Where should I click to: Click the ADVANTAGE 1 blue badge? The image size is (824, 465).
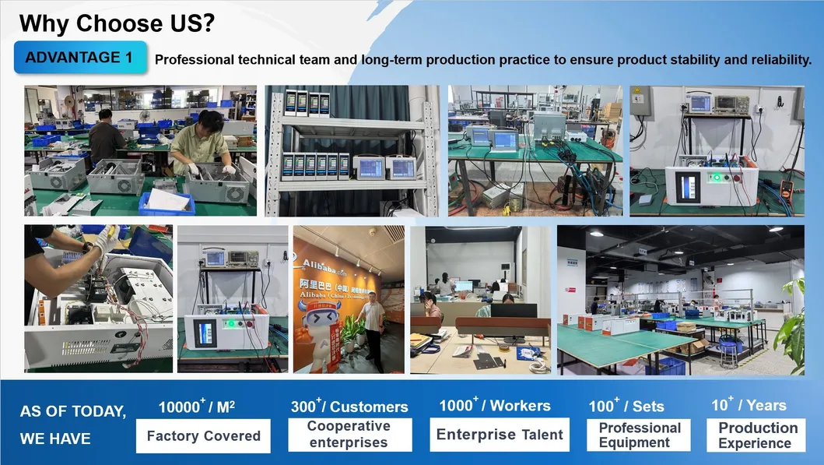tap(79, 58)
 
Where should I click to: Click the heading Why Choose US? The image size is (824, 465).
tap(117, 23)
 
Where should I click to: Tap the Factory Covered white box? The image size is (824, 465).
tap(203, 436)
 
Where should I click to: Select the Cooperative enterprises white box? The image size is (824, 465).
tap(349, 435)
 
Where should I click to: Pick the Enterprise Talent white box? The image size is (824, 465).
tap(499, 435)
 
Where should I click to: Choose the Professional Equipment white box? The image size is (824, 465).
tap(639, 435)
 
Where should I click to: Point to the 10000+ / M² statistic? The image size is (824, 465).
tap(196, 407)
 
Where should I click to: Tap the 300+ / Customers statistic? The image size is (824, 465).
tap(349, 406)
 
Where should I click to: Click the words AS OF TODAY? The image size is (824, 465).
tap(73, 412)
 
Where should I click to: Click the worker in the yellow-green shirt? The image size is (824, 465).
tap(202, 144)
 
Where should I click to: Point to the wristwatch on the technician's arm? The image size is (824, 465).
tap(85, 248)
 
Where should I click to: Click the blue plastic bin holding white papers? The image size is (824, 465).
tap(167, 202)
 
